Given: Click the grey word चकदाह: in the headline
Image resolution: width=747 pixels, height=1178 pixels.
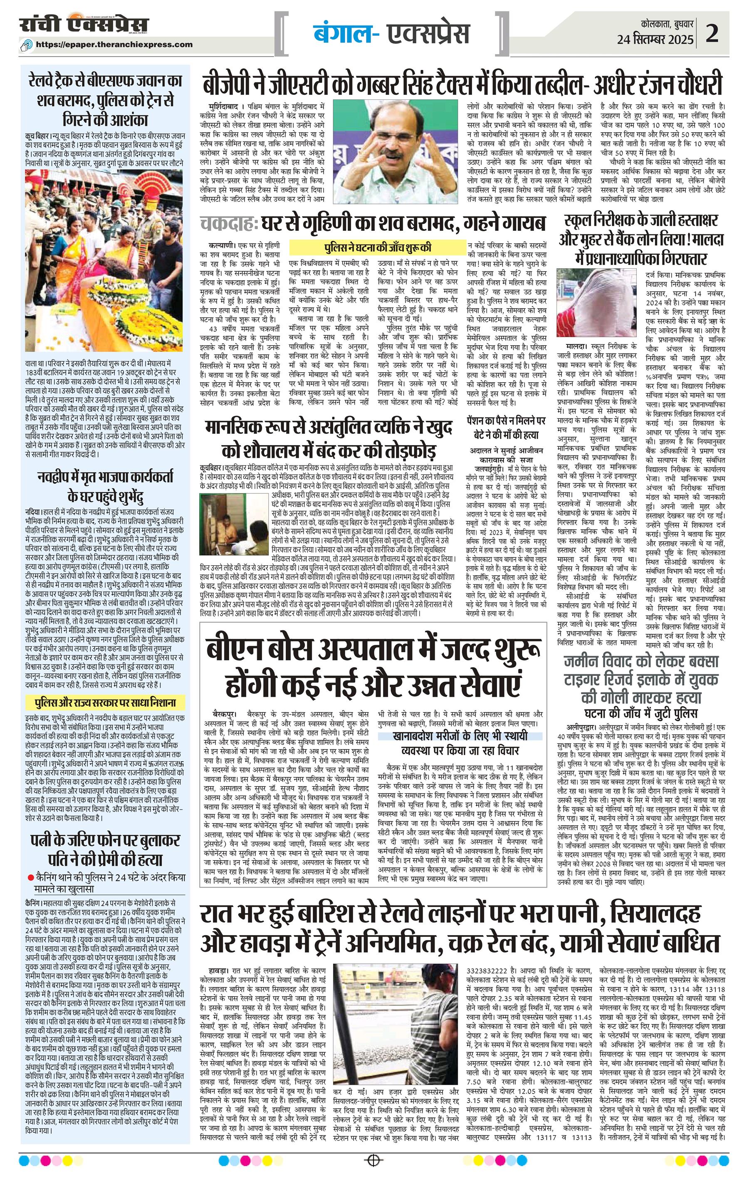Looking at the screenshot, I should coord(229,223).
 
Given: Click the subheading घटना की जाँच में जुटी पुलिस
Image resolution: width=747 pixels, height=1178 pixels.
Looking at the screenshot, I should coord(641,713).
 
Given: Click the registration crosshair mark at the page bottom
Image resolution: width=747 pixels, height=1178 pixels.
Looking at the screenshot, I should coord(373,1159).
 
